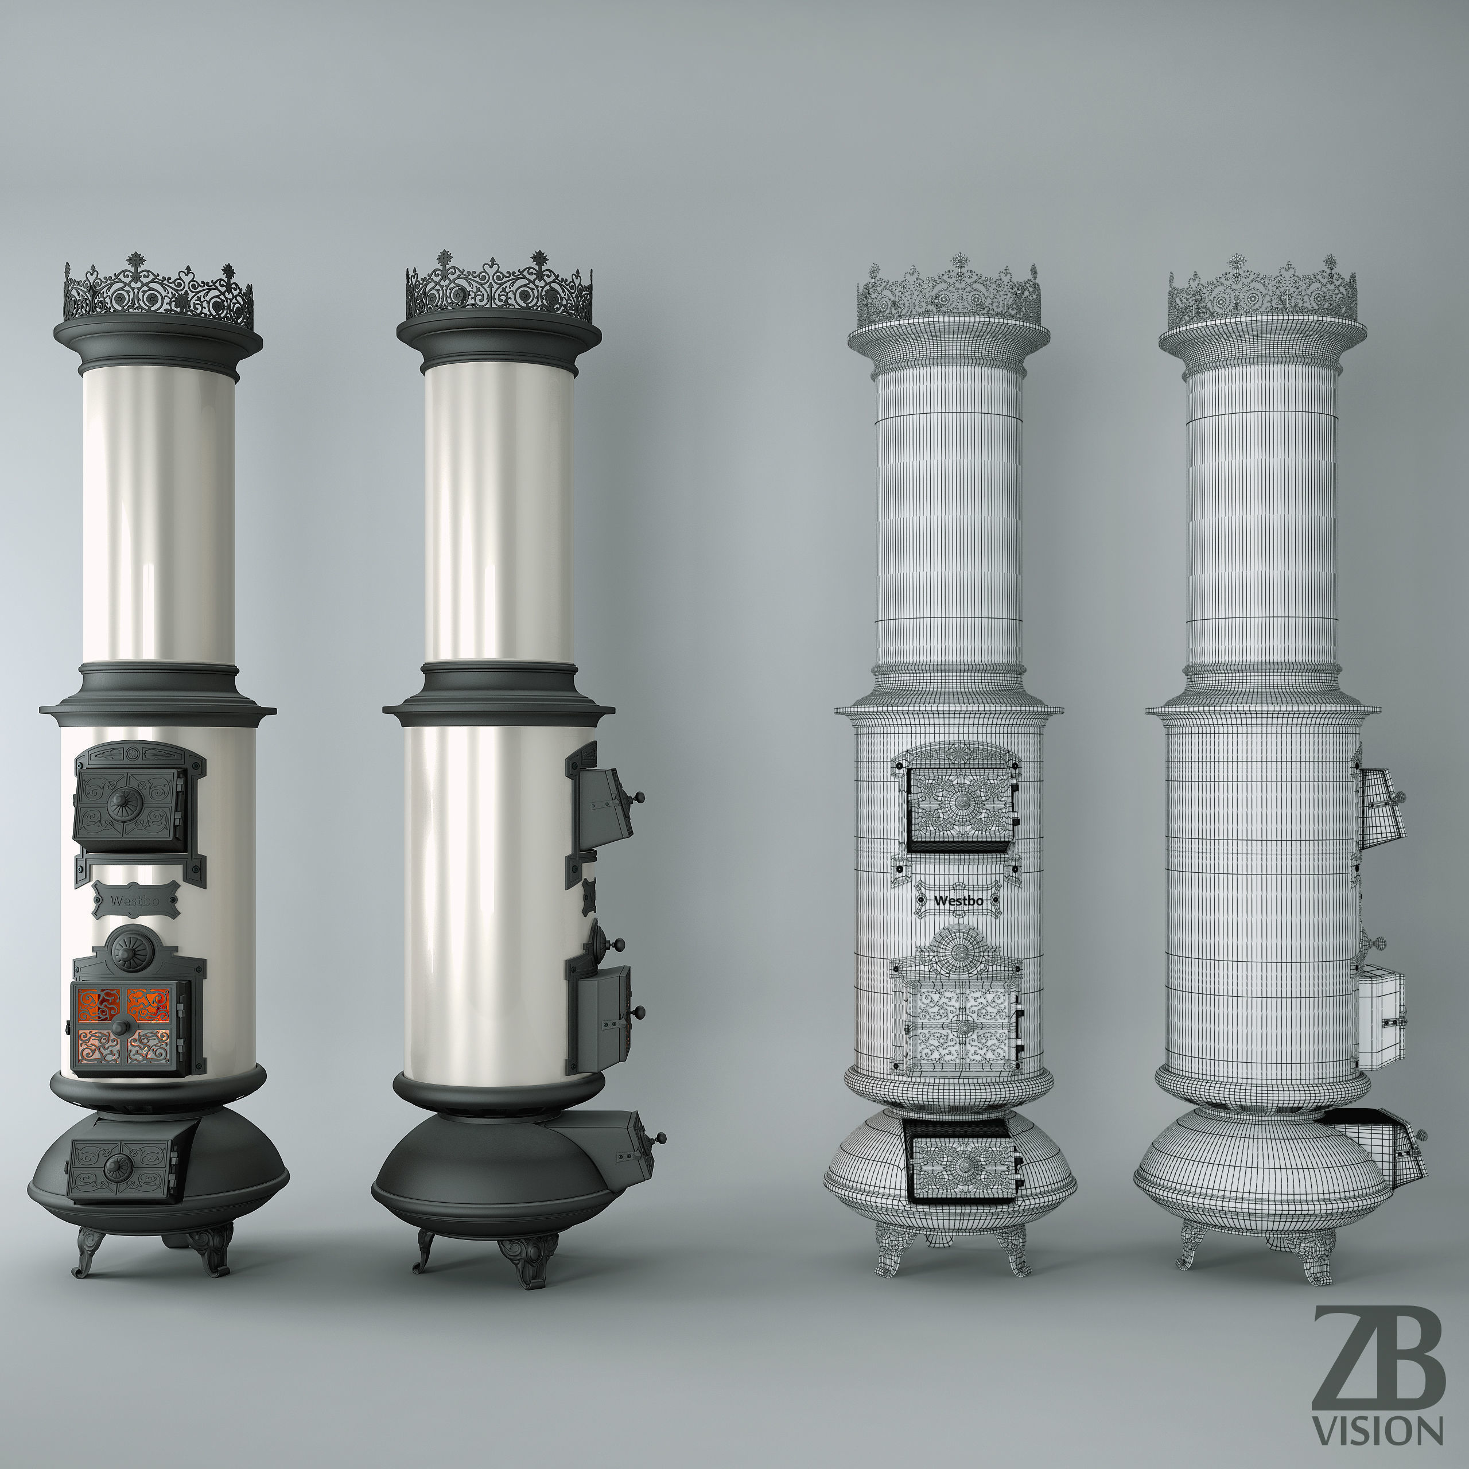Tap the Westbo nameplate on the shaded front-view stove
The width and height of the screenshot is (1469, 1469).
pyautogui.click(x=136, y=901)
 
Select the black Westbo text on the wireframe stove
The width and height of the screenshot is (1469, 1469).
pyautogui.click(x=958, y=901)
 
